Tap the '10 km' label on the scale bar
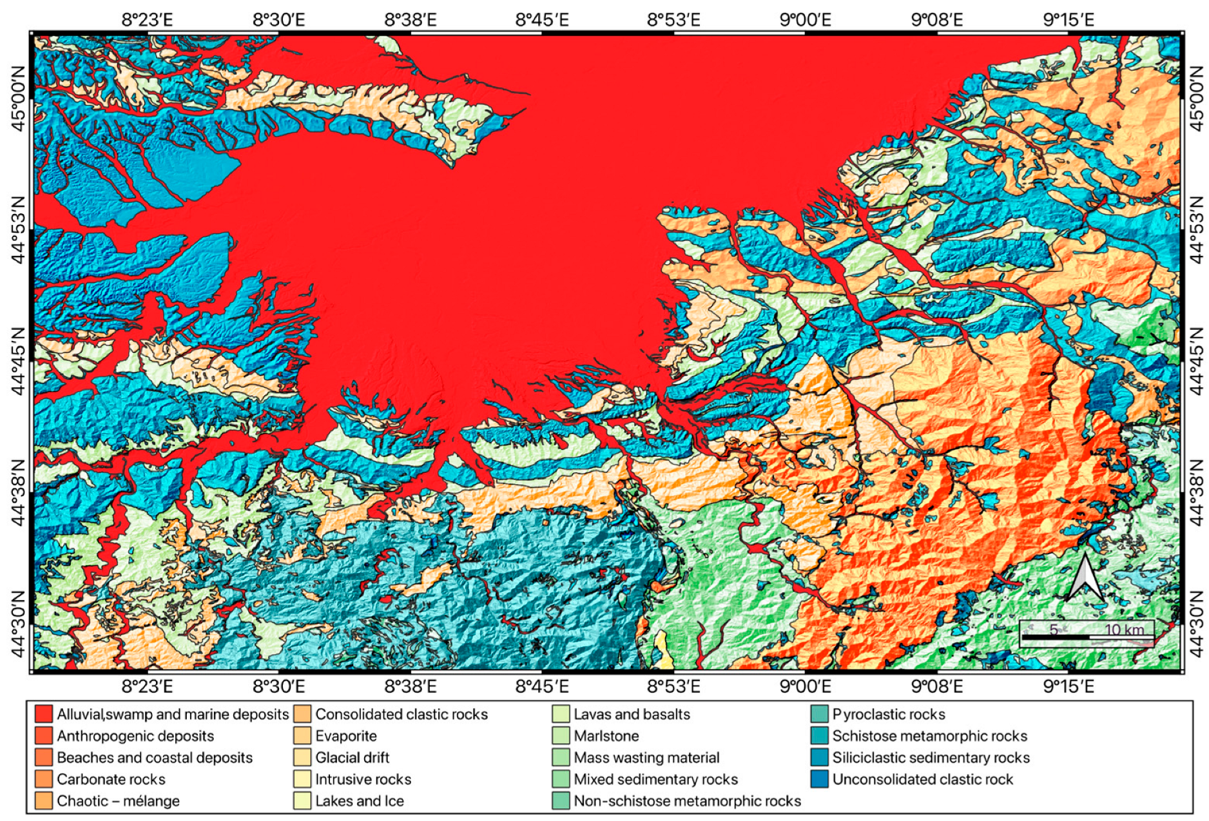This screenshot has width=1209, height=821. click(1125, 630)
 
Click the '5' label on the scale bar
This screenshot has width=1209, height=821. click(1054, 630)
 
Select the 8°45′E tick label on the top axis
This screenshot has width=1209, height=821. click(542, 20)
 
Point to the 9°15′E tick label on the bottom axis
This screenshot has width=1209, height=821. click(1068, 686)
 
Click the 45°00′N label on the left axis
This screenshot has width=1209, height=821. click(18, 99)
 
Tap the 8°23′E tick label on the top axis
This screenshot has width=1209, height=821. click(148, 20)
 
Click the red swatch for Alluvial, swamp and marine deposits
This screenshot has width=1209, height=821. click(43, 714)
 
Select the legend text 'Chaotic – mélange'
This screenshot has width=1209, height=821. click(118, 801)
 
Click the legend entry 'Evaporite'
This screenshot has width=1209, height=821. click(345, 736)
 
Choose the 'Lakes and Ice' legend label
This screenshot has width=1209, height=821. click(359, 801)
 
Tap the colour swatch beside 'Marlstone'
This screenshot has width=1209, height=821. click(561, 736)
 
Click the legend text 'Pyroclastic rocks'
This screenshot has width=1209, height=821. click(888, 714)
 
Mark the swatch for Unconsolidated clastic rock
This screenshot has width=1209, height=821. click(819, 779)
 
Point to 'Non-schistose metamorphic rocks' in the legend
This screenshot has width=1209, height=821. click(687, 801)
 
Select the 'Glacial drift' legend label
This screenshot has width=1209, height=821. click(352, 758)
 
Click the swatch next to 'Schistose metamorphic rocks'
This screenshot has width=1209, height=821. click(819, 736)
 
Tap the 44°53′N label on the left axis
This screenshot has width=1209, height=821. click(18, 230)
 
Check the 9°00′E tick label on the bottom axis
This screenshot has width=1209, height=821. click(805, 686)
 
